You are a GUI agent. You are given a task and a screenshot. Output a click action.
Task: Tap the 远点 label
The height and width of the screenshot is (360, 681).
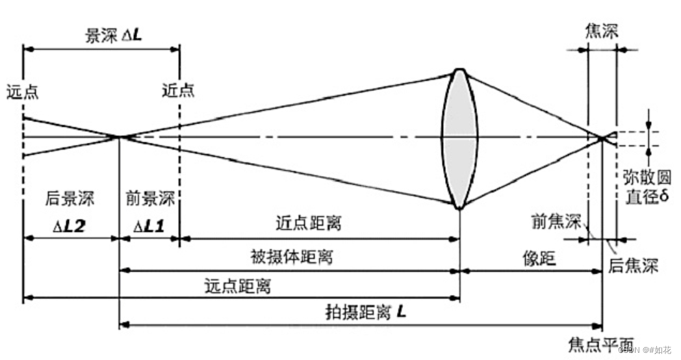(23, 91)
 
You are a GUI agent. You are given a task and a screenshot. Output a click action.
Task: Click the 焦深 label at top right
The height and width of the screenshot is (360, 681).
(600, 31)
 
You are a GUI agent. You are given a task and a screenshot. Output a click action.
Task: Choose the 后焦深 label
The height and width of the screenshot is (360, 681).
(633, 265)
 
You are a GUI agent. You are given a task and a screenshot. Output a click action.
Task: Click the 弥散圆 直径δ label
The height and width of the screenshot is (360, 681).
(646, 186)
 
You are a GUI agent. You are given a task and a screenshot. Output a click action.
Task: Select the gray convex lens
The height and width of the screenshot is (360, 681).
(459, 138)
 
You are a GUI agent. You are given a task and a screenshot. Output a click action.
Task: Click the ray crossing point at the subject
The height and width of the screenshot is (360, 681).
(120, 136)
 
